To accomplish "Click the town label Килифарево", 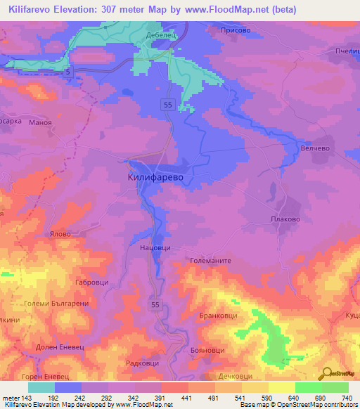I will coord(155,178).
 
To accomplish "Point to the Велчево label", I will coord(314,148).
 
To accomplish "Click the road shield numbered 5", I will coord(67,72).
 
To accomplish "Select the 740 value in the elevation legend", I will coord(347,398).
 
